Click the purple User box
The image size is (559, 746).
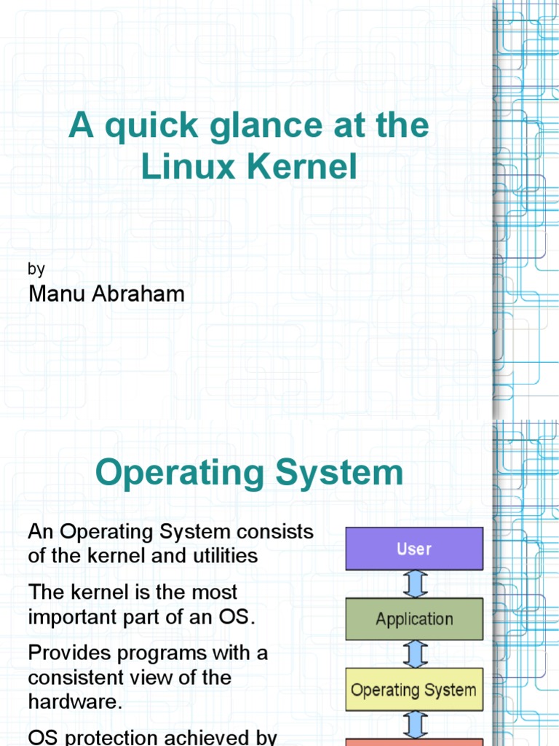point(413,549)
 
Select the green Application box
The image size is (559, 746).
point(413,619)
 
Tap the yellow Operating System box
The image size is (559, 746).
point(413,689)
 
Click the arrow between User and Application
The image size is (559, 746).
point(414,584)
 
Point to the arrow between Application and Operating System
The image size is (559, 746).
point(414,654)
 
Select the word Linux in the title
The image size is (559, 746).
point(188,168)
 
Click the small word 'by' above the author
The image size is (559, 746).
point(36,269)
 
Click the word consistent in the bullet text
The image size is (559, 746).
point(79,678)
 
